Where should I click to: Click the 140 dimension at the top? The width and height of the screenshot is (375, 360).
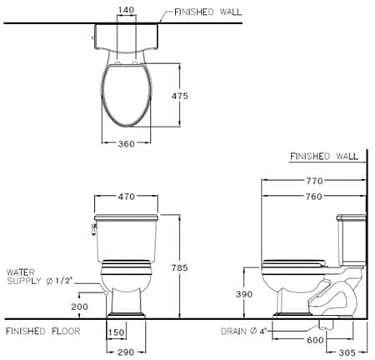(126, 11)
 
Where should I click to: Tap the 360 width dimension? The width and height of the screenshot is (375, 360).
(126, 144)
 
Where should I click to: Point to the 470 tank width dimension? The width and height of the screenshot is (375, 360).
(126, 197)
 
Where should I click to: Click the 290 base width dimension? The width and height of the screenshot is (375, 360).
(126, 352)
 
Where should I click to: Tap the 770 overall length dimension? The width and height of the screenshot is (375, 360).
(313, 181)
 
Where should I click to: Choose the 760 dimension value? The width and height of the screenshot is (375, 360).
(313, 197)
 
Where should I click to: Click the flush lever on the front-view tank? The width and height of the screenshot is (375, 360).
(93, 226)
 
